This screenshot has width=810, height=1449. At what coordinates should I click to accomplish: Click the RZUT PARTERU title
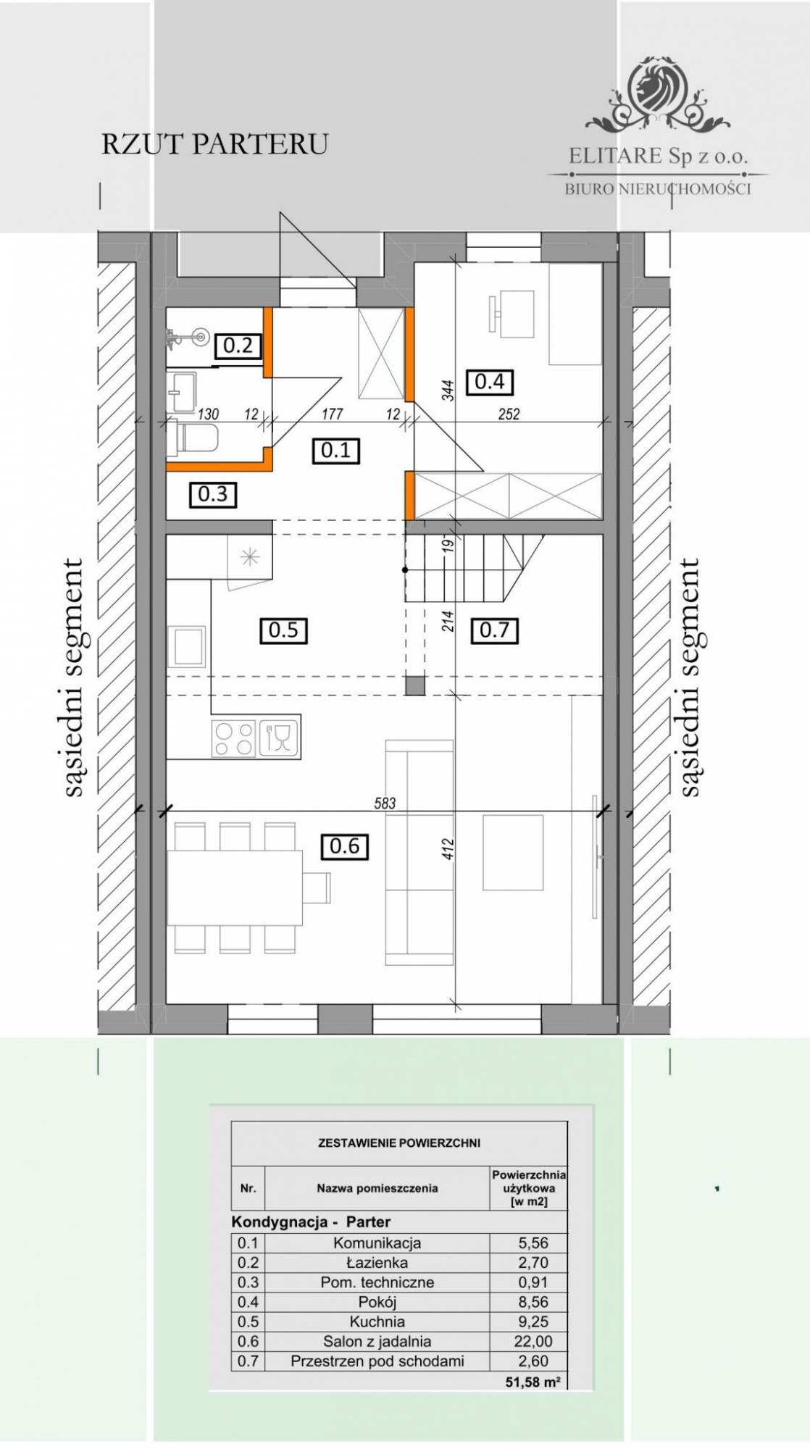(x=214, y=144)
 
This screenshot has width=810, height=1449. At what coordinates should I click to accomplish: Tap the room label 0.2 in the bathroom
(x=238, y=346)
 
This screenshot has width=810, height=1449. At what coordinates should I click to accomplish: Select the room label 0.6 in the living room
(x=344, y=845)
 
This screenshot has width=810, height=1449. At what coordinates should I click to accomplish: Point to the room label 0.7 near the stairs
(x=494, y=630)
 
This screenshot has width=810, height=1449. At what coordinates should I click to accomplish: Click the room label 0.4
(x=490, y=381)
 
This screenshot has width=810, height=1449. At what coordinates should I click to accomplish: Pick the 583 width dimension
(x=385, y=803)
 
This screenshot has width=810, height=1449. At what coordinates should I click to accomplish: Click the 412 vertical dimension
(x=448, y=849)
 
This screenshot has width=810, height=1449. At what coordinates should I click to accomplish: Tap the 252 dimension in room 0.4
(x=509, y=414)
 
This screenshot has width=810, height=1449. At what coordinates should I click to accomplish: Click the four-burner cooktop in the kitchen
(x=234, y=739)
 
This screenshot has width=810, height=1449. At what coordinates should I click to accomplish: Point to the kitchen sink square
(x=187, y=646)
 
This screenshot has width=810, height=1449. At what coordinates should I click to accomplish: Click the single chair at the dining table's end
(x=317, y=888)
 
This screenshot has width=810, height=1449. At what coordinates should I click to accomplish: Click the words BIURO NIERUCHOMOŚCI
(x=658, y=189)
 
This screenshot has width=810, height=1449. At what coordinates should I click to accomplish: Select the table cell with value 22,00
(x=534, y=1341)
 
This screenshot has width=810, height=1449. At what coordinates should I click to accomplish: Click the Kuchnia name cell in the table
(x=377, y=1321)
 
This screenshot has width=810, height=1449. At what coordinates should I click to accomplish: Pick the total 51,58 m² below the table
(x=533, y=1382)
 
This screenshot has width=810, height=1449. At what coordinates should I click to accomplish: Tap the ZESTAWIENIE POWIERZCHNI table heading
(x=399, y=1143)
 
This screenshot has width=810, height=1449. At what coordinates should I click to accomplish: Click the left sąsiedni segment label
(x=74, y=677)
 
